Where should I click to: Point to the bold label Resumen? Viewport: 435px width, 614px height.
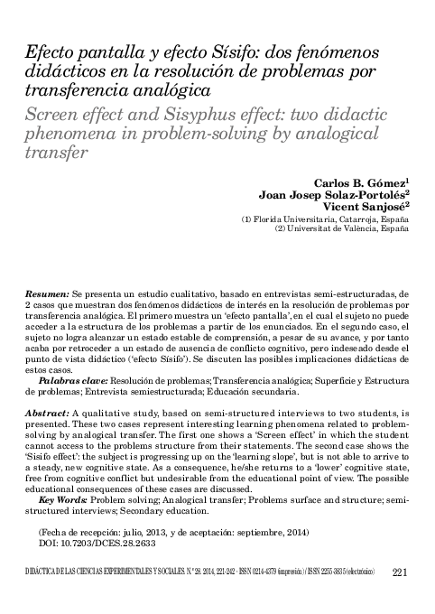click(x=45, y=295)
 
